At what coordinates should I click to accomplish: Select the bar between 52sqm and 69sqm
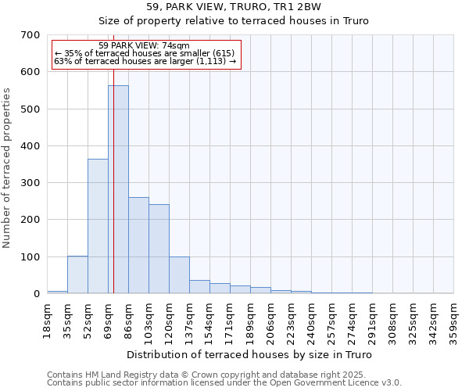98,226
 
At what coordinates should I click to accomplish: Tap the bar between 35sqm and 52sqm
77,274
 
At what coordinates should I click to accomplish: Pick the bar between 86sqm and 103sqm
138,246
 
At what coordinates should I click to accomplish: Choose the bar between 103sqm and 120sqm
159,249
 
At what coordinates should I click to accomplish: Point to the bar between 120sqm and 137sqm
179,274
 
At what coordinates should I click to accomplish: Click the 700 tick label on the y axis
30,35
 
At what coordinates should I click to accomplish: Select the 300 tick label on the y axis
30,183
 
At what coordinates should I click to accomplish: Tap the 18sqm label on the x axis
48,320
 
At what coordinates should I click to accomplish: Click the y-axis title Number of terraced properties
8,168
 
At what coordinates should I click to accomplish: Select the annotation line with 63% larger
145,61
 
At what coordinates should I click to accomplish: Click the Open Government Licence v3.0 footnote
224,382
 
